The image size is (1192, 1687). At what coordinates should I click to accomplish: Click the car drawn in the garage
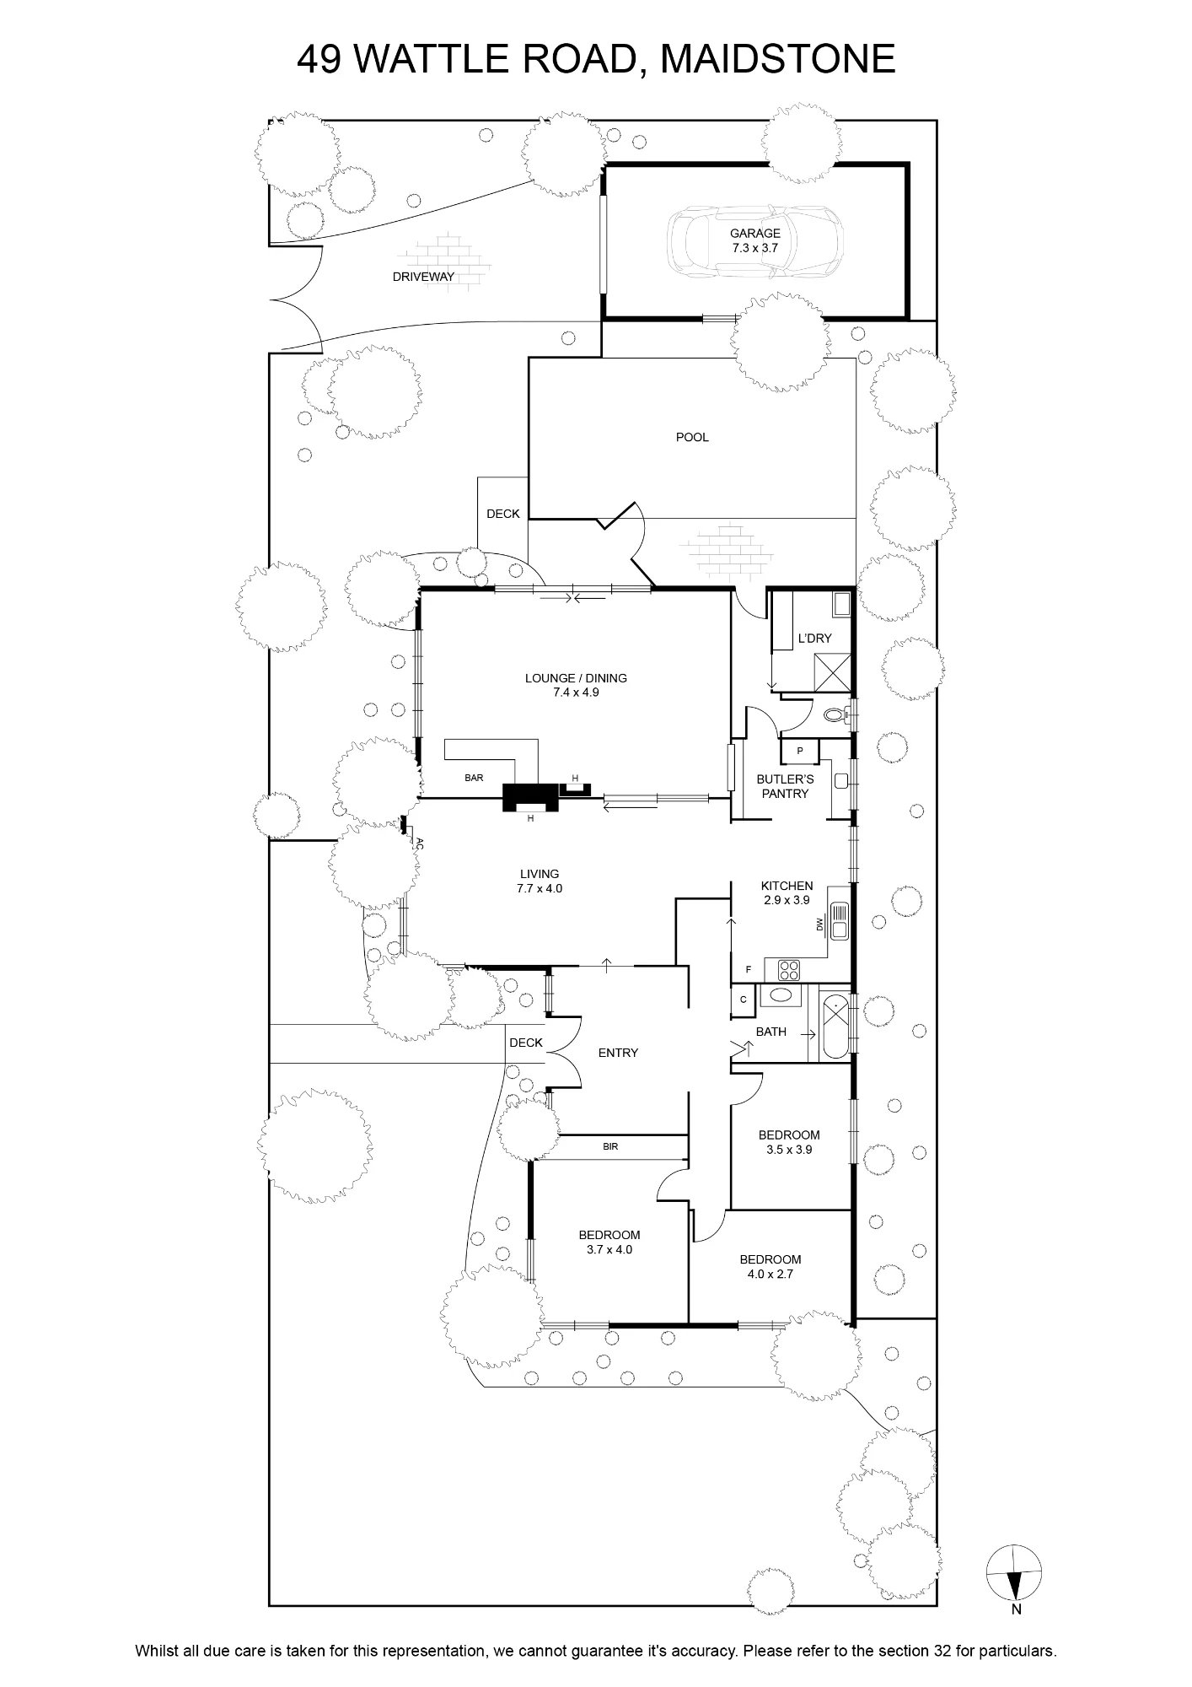pyautogui.click(x=754, y=242)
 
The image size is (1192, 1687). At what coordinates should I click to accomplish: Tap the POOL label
pyautogui.click(x=692, y=437)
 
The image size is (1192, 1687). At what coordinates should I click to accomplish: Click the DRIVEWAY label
pyautogui.click(x=423, y=277)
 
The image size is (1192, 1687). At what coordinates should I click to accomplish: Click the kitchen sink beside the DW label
pyautogui.click(x=838, y=921)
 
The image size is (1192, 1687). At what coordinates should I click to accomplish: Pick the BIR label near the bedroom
pyautogui.click(x=610, y=1147)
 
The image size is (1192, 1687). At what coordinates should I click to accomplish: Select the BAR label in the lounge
pyautogui.click(x=474, y=778)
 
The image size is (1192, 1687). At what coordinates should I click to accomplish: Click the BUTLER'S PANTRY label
pyautogui.click(x=785, y=786)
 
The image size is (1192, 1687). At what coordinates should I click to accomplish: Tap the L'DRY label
pyautogui.click(x=814, y=639)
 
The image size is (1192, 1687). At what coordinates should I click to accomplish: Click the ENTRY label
pyautogui.click(x=618, y=1053)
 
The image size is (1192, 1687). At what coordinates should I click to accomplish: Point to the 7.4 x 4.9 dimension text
pyautogui.click(x=576, y=693)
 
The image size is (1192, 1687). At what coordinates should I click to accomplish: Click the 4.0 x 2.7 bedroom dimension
pyautogui.click(x=770, y=1275)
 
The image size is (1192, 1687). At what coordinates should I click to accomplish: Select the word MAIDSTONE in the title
pyautogui.click(x=777, y=59)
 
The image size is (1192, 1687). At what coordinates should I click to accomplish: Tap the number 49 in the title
pyautogui.click(x=319, y=59)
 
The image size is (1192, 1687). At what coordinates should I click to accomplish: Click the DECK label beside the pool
pyautogui.click(x=503, y=514)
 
